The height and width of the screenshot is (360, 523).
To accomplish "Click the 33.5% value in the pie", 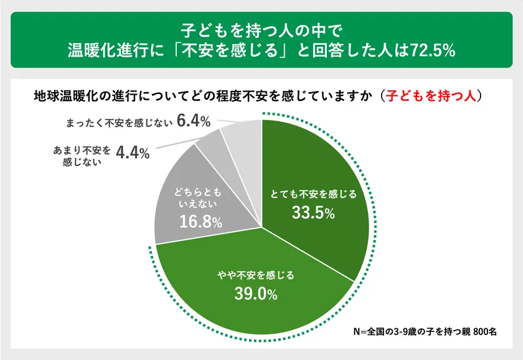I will click(313, 214).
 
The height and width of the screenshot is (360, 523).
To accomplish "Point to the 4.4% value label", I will click(132, 153).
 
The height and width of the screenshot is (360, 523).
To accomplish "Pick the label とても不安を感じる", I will click(313, 194).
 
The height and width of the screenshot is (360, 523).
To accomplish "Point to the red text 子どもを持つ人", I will click(431, 96).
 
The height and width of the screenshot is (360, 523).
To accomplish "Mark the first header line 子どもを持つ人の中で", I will click(261, 29).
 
